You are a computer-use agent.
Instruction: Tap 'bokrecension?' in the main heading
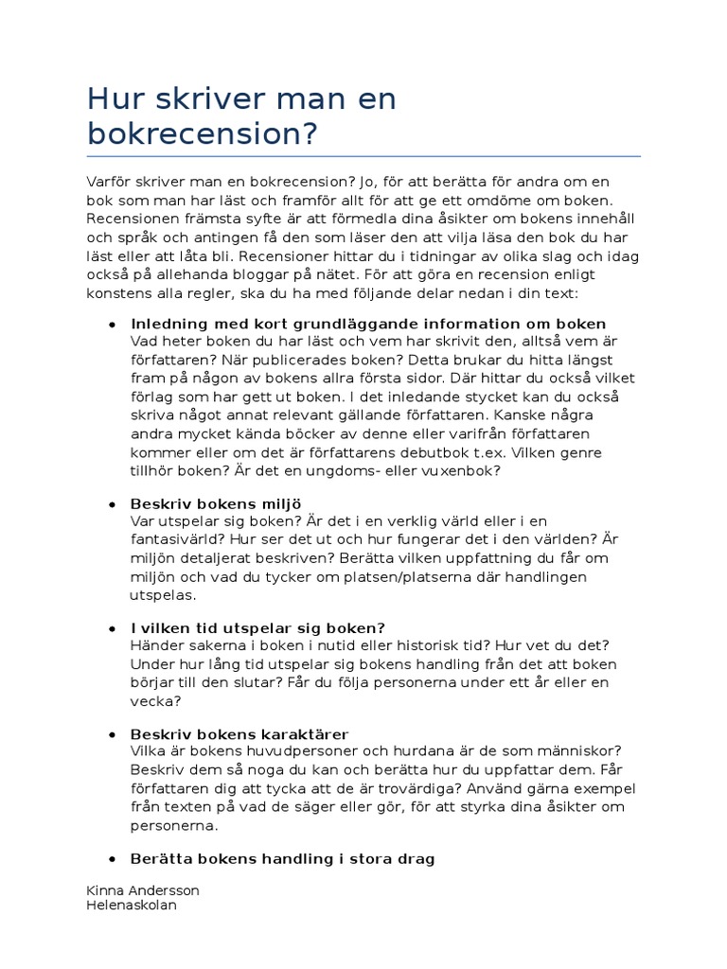[200, 133]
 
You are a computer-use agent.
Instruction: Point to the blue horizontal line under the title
[363, 156]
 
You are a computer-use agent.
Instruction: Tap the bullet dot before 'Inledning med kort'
[114, 324]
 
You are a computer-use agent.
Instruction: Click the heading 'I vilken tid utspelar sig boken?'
[258, 628]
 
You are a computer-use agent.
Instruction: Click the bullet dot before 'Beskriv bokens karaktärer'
[114, 734]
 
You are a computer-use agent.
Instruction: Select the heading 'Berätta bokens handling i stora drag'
[283, 859]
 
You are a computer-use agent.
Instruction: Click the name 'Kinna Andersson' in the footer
[143, 891]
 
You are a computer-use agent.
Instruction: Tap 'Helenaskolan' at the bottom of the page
[131, 906]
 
